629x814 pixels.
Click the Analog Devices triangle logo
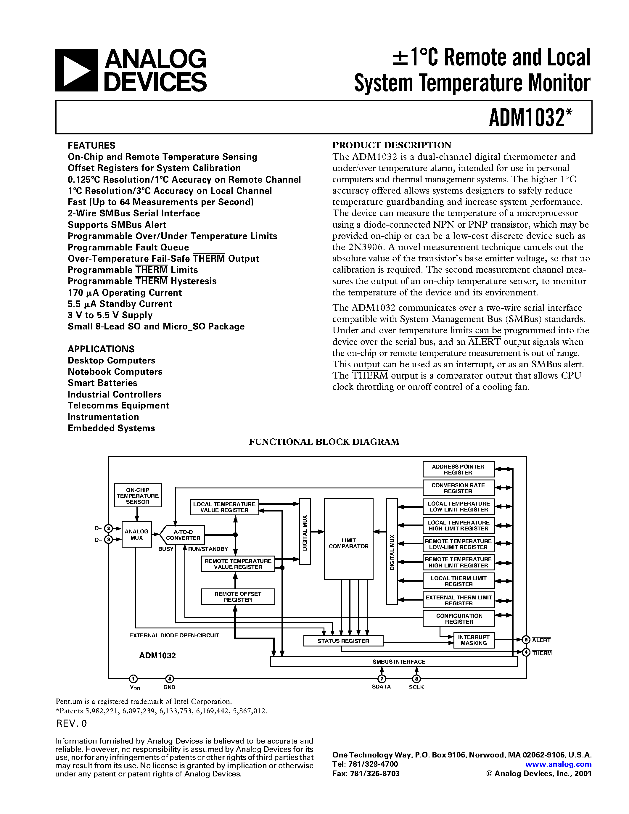76,70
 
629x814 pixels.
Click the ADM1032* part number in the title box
530,118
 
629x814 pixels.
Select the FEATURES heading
91,145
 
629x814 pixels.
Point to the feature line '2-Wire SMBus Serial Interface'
134,213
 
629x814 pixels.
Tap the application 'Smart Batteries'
102,383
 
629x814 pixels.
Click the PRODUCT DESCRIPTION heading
392,145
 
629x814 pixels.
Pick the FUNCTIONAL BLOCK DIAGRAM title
324,442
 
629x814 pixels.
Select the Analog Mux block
136,535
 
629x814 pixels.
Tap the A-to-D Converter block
183,535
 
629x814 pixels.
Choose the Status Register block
343,641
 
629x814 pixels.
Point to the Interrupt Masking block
474,640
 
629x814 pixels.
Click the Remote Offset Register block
238,597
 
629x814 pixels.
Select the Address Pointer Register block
458,469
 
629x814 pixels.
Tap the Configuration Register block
459,619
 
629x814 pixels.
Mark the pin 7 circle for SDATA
382,679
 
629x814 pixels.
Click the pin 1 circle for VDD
133,679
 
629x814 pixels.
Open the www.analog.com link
558,764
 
